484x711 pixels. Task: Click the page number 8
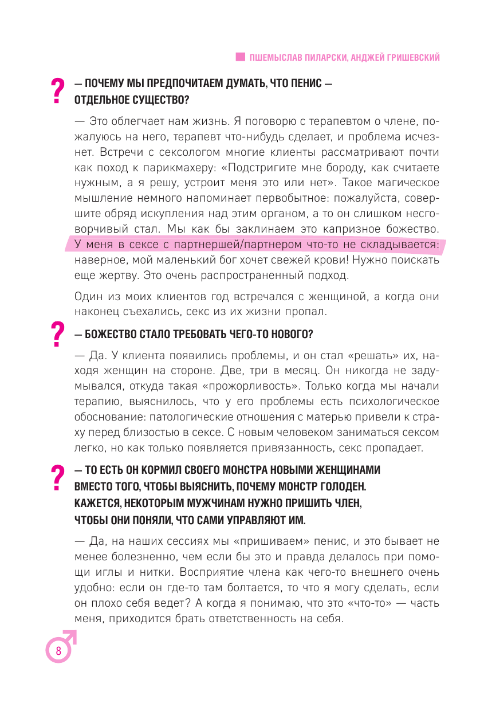tap(58, 651)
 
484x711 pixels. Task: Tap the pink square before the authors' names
tap(241, 57)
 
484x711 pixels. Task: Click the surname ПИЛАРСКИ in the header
tap(323, 57)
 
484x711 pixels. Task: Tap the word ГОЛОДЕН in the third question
tap(343, 486)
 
